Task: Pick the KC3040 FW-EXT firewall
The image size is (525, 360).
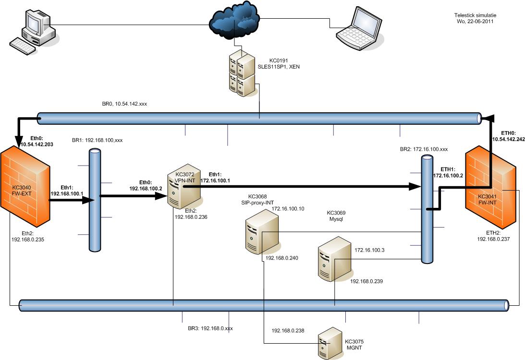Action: pos(25,188)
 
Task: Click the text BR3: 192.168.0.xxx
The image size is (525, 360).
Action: pos(210,328)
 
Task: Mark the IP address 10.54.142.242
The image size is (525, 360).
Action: pos(508,139)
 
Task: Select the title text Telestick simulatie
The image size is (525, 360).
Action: pos(474,15)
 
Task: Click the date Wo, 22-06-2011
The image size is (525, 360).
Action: pos(474,21)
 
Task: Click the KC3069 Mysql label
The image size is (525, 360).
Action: pos(336,216)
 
